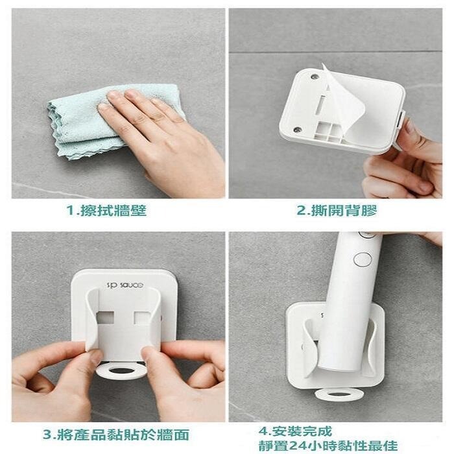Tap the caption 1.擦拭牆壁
pyautogui.click(x=106, y=211)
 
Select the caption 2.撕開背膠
pyautogui.click(x=337, y=211)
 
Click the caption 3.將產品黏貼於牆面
pyautogui.click(x=116, y=435)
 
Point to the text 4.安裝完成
pyautogui.click(x=295, y=431)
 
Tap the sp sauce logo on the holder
pyautogui.click(x=125, y=285)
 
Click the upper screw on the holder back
pyautogui.click(x=315, y=77)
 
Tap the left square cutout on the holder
pyautogui.click(x=105, y=318)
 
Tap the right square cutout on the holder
pyautogui.click(x=143, y=318)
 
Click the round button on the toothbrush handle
pyautogui.click(x=363, y=259)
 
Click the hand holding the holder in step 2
pyautogui.click(x=405, y=162)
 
